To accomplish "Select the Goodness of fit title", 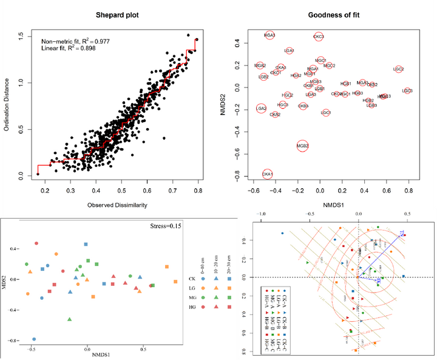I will tap(331, 15).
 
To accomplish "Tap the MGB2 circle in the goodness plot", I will tap(303, 146).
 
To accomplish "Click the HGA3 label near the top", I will tap(269, 36).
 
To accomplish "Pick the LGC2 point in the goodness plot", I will tap(399, 70).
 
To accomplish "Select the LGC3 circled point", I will tap(407, 91).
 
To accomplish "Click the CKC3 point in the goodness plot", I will tap(318, 37).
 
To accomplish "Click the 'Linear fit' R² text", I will tap(70, 49).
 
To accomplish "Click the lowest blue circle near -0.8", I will tap(34, 339).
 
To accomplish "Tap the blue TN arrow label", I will tap(402, 233).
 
